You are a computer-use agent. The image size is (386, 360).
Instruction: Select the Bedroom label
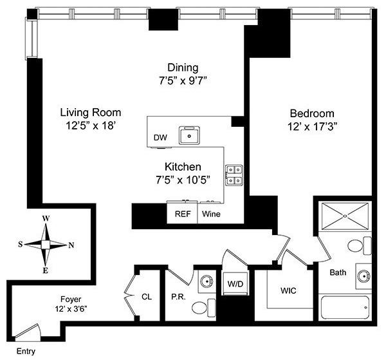point(312,111)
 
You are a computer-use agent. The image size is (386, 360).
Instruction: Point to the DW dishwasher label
point(160,138)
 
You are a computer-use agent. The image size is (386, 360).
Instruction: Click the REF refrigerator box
point(183,213)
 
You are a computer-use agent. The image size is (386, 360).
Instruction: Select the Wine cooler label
point(210,213)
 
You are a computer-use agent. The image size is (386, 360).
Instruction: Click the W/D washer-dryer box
point(234,283)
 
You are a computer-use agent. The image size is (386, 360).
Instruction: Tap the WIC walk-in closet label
point(287,290)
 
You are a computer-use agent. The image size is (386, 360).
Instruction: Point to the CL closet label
point(147,297)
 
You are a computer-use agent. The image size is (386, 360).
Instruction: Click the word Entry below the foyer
point(26,352)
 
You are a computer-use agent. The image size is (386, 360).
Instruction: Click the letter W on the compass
point(46,218)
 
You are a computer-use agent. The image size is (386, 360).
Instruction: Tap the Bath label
point(338,272)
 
